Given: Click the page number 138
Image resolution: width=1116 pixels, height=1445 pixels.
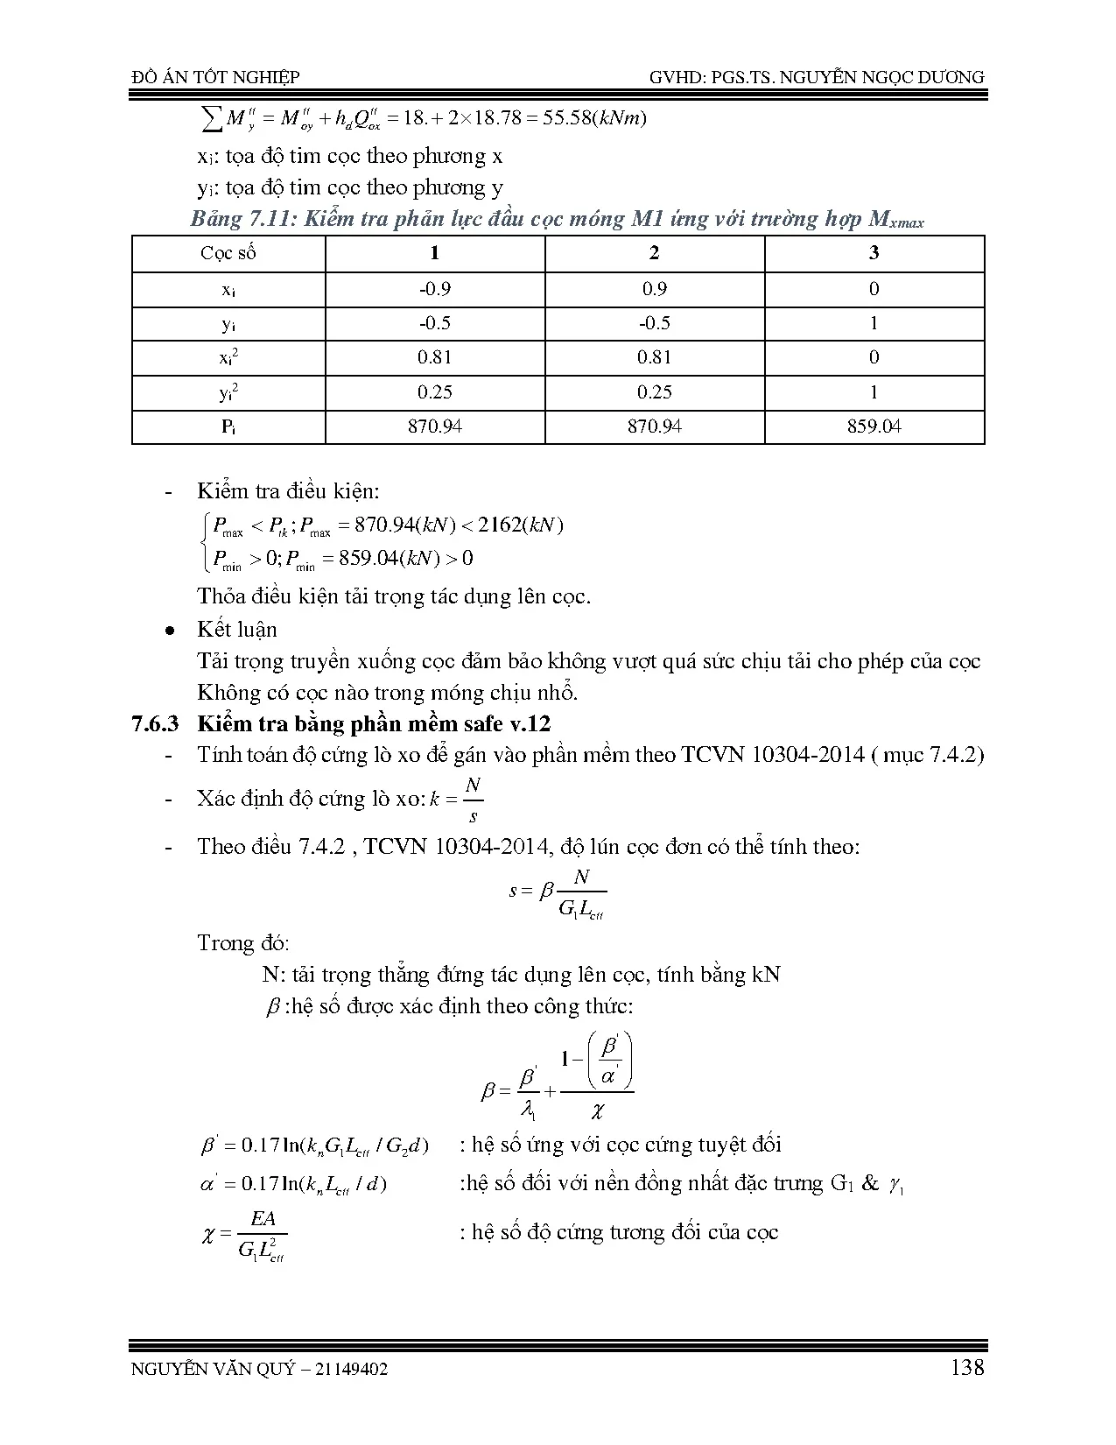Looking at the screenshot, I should (966, 1367).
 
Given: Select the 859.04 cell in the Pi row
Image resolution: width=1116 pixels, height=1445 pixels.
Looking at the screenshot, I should (874, 426).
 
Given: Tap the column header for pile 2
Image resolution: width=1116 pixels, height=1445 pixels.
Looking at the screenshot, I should (654, 254).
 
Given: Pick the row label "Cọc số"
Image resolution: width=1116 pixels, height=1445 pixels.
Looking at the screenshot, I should (228, 254).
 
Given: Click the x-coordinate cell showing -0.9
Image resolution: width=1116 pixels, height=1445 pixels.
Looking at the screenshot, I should (435, 289).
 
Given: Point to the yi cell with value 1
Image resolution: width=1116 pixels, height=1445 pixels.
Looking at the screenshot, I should (874, 323).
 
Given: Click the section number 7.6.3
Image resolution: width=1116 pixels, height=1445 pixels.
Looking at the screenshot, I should (154, 723).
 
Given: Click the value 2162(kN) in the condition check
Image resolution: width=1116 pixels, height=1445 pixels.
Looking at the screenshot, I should (521, 525).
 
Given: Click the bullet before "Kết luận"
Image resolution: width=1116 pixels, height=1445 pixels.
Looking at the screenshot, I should (172, 631).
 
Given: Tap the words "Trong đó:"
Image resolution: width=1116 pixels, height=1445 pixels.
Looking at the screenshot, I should (243, 943).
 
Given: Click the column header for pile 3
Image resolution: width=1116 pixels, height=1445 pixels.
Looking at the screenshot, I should (874, 254).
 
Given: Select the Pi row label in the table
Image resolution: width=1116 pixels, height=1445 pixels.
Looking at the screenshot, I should (228, 426).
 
